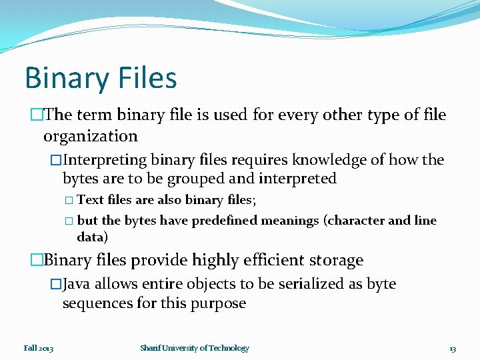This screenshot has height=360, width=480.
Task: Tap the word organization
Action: click(90, 137)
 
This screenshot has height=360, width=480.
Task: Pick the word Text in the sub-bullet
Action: click(90, 199)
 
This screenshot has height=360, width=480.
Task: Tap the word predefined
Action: click(225, 221)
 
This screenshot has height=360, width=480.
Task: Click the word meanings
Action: click(290, 221)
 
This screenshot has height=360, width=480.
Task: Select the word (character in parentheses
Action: click(353, 221)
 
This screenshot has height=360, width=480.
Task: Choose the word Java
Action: click(76, 284)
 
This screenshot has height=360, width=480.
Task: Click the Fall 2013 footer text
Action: click(38, 348)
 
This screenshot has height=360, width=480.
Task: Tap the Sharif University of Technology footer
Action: click(195, 348)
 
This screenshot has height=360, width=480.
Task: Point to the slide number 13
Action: click(453, 349)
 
